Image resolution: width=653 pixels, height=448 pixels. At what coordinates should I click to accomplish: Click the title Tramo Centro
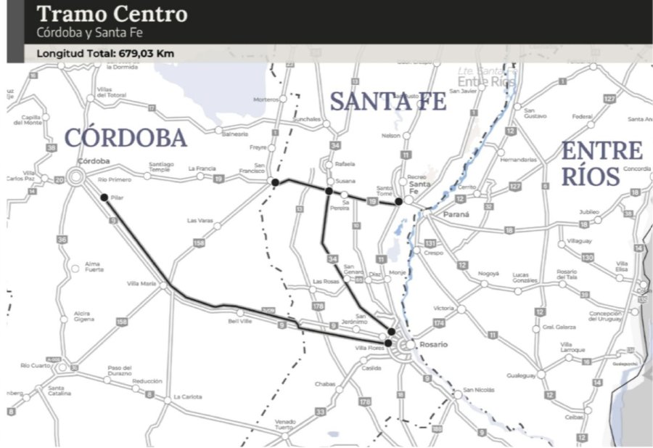click(112, 14)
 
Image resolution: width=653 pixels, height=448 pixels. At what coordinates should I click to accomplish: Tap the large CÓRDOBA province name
click(125, 137)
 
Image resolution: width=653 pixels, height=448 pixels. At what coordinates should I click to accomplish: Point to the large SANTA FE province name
click(387, 102)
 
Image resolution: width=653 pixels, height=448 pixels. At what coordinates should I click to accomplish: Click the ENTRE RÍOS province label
click(603, 163)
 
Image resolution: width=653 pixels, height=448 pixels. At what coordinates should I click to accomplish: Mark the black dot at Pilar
click(104, 197)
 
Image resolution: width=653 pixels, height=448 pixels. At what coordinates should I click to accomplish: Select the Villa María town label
click(141, 283)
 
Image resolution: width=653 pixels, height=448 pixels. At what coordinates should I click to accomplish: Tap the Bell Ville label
click(239, 320)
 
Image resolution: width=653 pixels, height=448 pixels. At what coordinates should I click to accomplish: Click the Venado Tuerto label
click(285, 425)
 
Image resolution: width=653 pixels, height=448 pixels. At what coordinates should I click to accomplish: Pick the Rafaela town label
click(345, 163)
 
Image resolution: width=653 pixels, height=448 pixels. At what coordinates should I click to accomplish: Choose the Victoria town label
click(443, 308)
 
